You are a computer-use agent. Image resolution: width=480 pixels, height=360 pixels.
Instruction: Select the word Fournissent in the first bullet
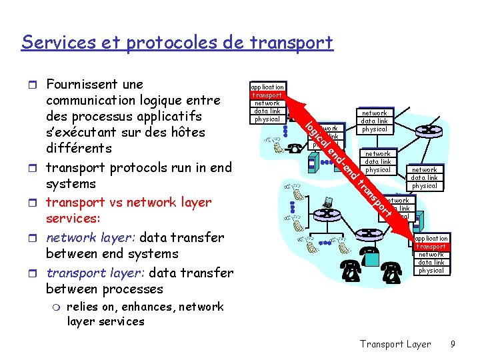81,84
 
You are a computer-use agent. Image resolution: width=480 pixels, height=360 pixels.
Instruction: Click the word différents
79,147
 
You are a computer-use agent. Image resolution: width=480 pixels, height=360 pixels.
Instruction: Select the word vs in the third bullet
119,202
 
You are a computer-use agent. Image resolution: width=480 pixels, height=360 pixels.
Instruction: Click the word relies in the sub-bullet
82,307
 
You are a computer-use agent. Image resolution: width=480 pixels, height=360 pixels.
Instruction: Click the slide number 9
453,344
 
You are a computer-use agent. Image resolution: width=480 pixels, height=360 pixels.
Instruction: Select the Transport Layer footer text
395,344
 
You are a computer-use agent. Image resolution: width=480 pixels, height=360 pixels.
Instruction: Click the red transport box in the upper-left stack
267,95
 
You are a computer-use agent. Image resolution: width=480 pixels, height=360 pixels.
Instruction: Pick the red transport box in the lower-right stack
431,247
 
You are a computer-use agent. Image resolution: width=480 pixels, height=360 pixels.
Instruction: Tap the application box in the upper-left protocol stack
267,87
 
